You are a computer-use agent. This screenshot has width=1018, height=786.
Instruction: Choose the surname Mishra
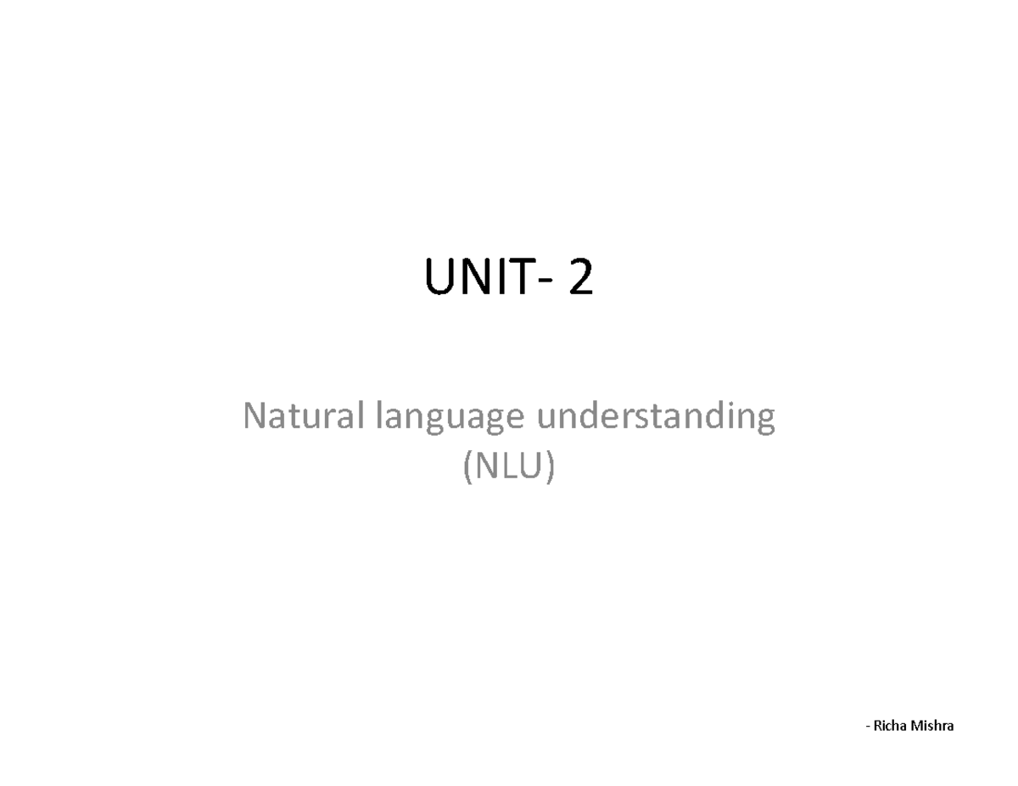pyautogui.click(x=931, y=726)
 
